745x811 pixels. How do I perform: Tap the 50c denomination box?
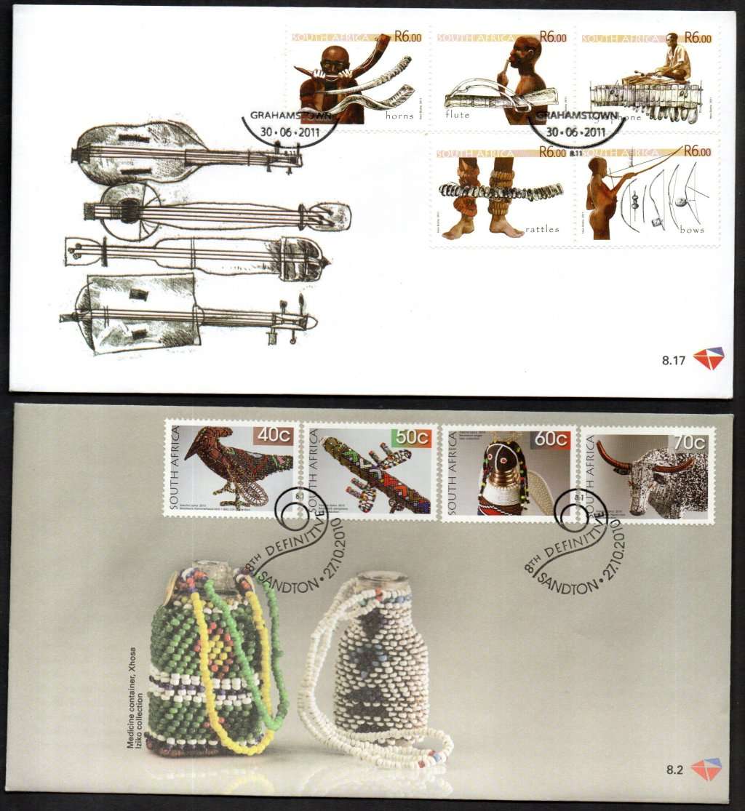pyautogui.click(x=411, y=438)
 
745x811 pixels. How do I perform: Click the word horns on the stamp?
pyautogui.click(x=399, y=115)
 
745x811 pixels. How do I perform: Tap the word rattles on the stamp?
pyautogui.click(x=542, y=229)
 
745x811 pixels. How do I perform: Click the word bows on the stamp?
pyautogui.click(x=692, y=229)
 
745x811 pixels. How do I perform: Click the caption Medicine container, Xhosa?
pyautogui.click(x=132, y=697)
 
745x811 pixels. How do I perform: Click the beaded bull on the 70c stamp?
pyautogui.click(x=655, y=476)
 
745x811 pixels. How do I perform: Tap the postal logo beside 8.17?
pyautogui.click(x=708, y=359)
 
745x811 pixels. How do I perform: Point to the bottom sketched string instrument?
pyautogui.click(x=182, y=313)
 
